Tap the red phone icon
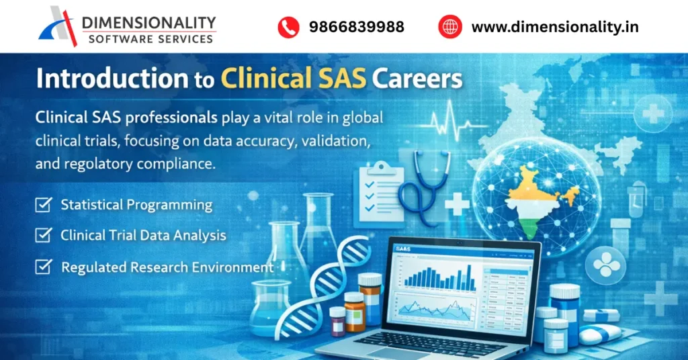coord(288,27)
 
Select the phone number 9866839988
coord(356,27)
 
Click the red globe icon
coord(450,27)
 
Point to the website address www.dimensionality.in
coord(554,27)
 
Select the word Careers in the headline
coord(417,79)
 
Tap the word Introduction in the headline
coord(112,79)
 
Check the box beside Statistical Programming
coord(44,205)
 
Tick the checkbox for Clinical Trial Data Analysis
coord(44,235)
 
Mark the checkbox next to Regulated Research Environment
coord(44,267)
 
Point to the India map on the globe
coord(538,198)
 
